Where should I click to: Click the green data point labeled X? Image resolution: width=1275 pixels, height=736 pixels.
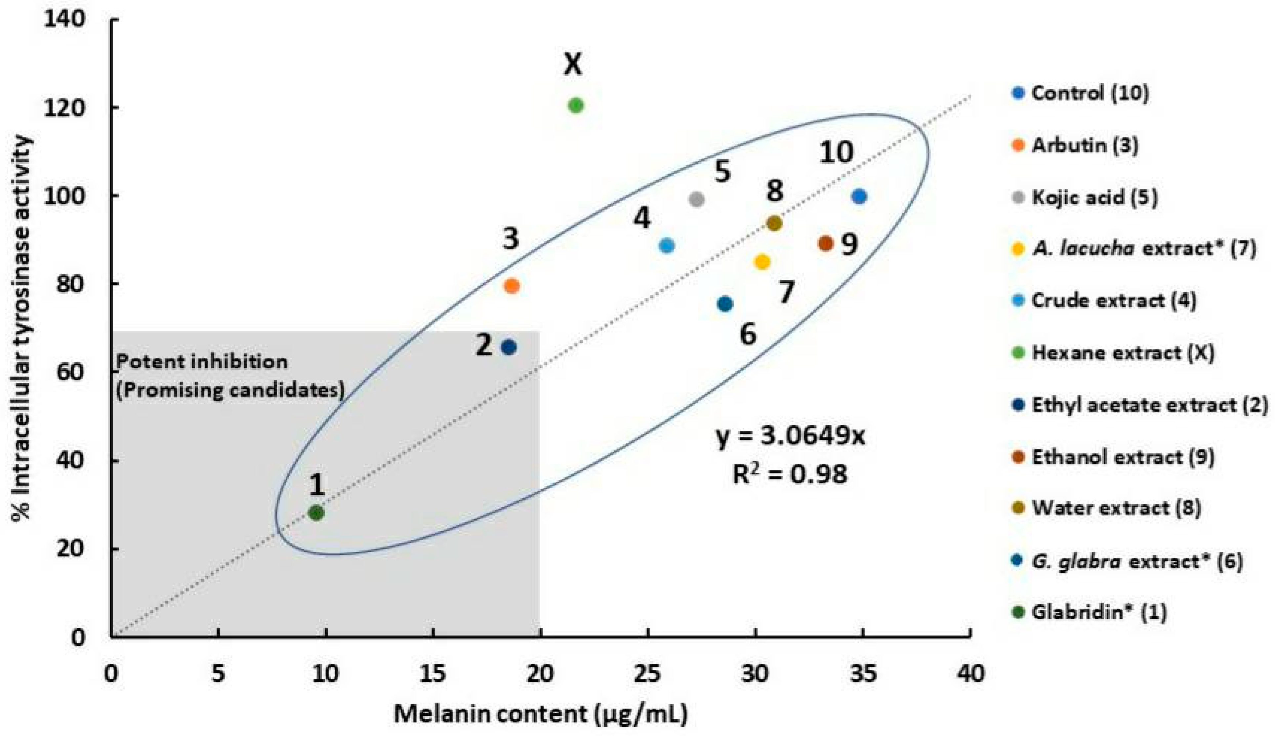click(x=576, y=105)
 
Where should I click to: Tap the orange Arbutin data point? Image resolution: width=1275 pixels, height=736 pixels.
click(x=512, y=286)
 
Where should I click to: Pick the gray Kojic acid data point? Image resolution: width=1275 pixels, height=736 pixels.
click(x=696, y=199)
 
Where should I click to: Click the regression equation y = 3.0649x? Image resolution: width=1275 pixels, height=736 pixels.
click(x=790, y=436)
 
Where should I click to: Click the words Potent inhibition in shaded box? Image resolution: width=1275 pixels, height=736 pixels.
click(x=202, y=362)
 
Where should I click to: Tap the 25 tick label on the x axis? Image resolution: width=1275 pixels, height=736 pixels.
click(x=648, y=674)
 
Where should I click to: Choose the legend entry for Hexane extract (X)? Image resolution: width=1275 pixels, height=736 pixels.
click(x=1122, y=352)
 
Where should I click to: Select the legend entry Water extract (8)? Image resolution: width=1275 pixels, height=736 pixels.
click(x=1115, y=508)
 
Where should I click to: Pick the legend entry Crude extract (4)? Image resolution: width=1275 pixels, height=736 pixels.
click(x=1113, y=300)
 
